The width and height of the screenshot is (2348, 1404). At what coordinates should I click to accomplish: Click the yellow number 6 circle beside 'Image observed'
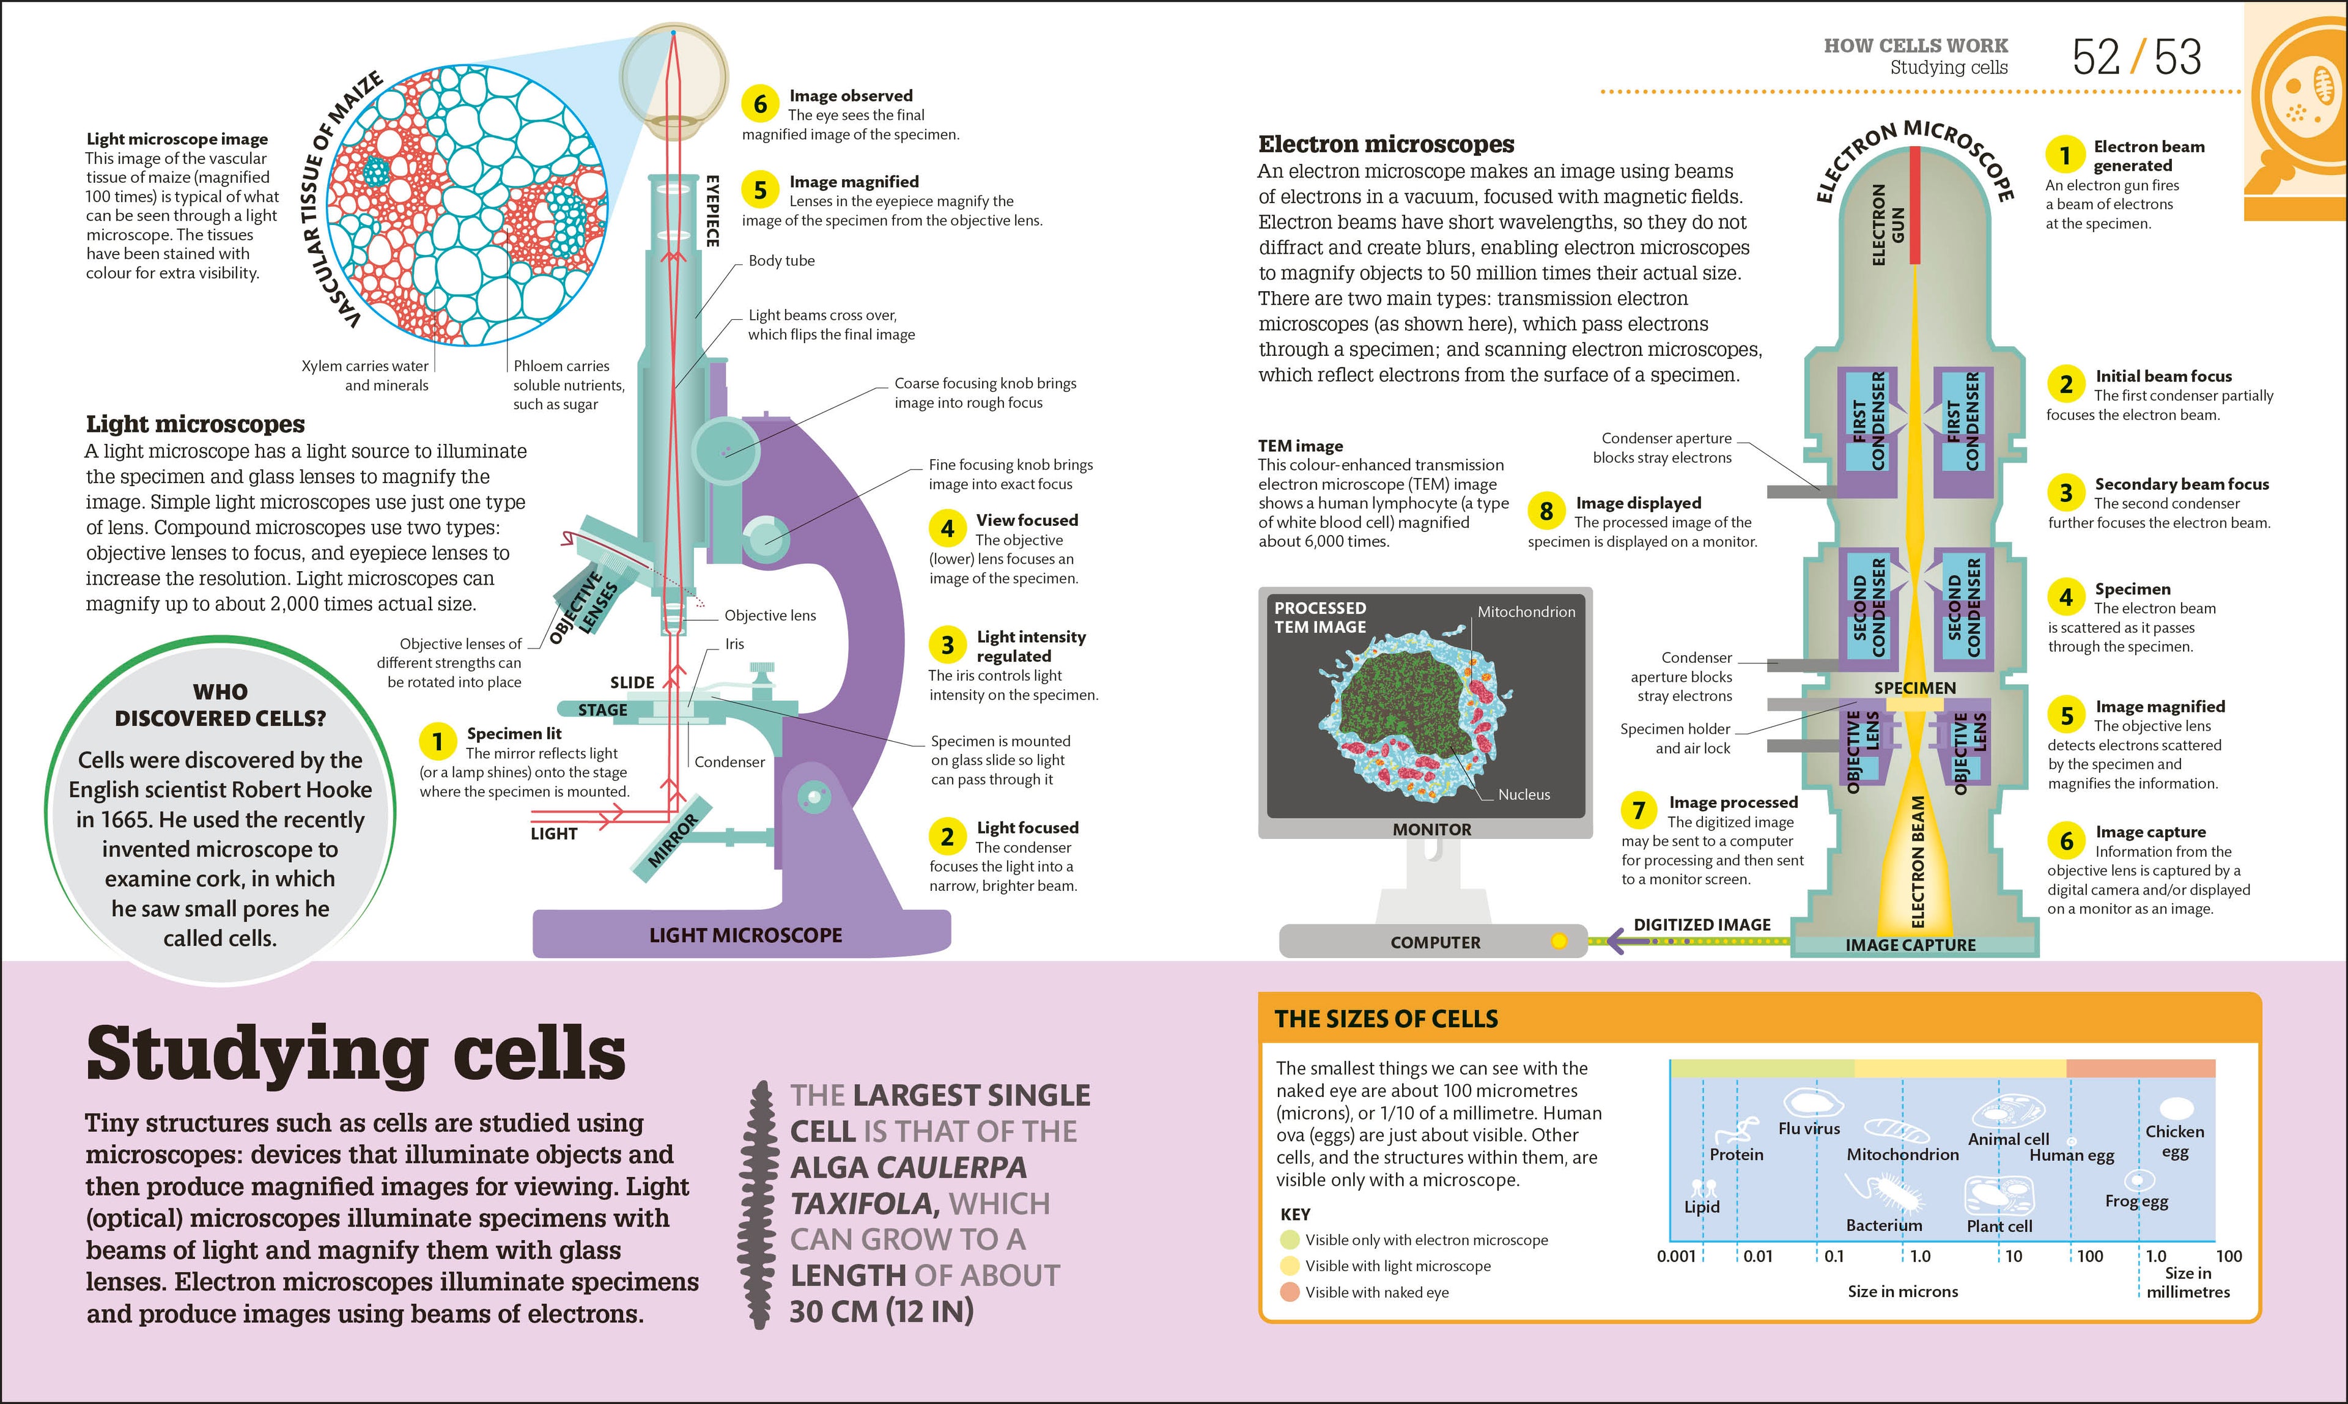point(759,104)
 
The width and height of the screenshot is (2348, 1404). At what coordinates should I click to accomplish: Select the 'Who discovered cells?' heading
point(220,705)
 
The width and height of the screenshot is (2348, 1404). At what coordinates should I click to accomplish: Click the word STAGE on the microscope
point(603,709)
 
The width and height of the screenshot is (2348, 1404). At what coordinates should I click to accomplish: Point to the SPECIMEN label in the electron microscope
point(1914,688)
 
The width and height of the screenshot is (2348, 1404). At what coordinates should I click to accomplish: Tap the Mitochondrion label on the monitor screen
point(1526,612)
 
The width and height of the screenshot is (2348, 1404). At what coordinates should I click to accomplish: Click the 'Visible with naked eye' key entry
point(1376,1292)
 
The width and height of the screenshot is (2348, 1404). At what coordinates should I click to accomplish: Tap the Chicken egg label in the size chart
point(2174,1141)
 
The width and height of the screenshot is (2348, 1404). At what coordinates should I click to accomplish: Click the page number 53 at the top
point(2178,57)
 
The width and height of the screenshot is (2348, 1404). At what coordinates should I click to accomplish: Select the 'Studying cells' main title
point(356,1053)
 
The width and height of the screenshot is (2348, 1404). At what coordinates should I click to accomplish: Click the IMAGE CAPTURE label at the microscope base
point(1910,945)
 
